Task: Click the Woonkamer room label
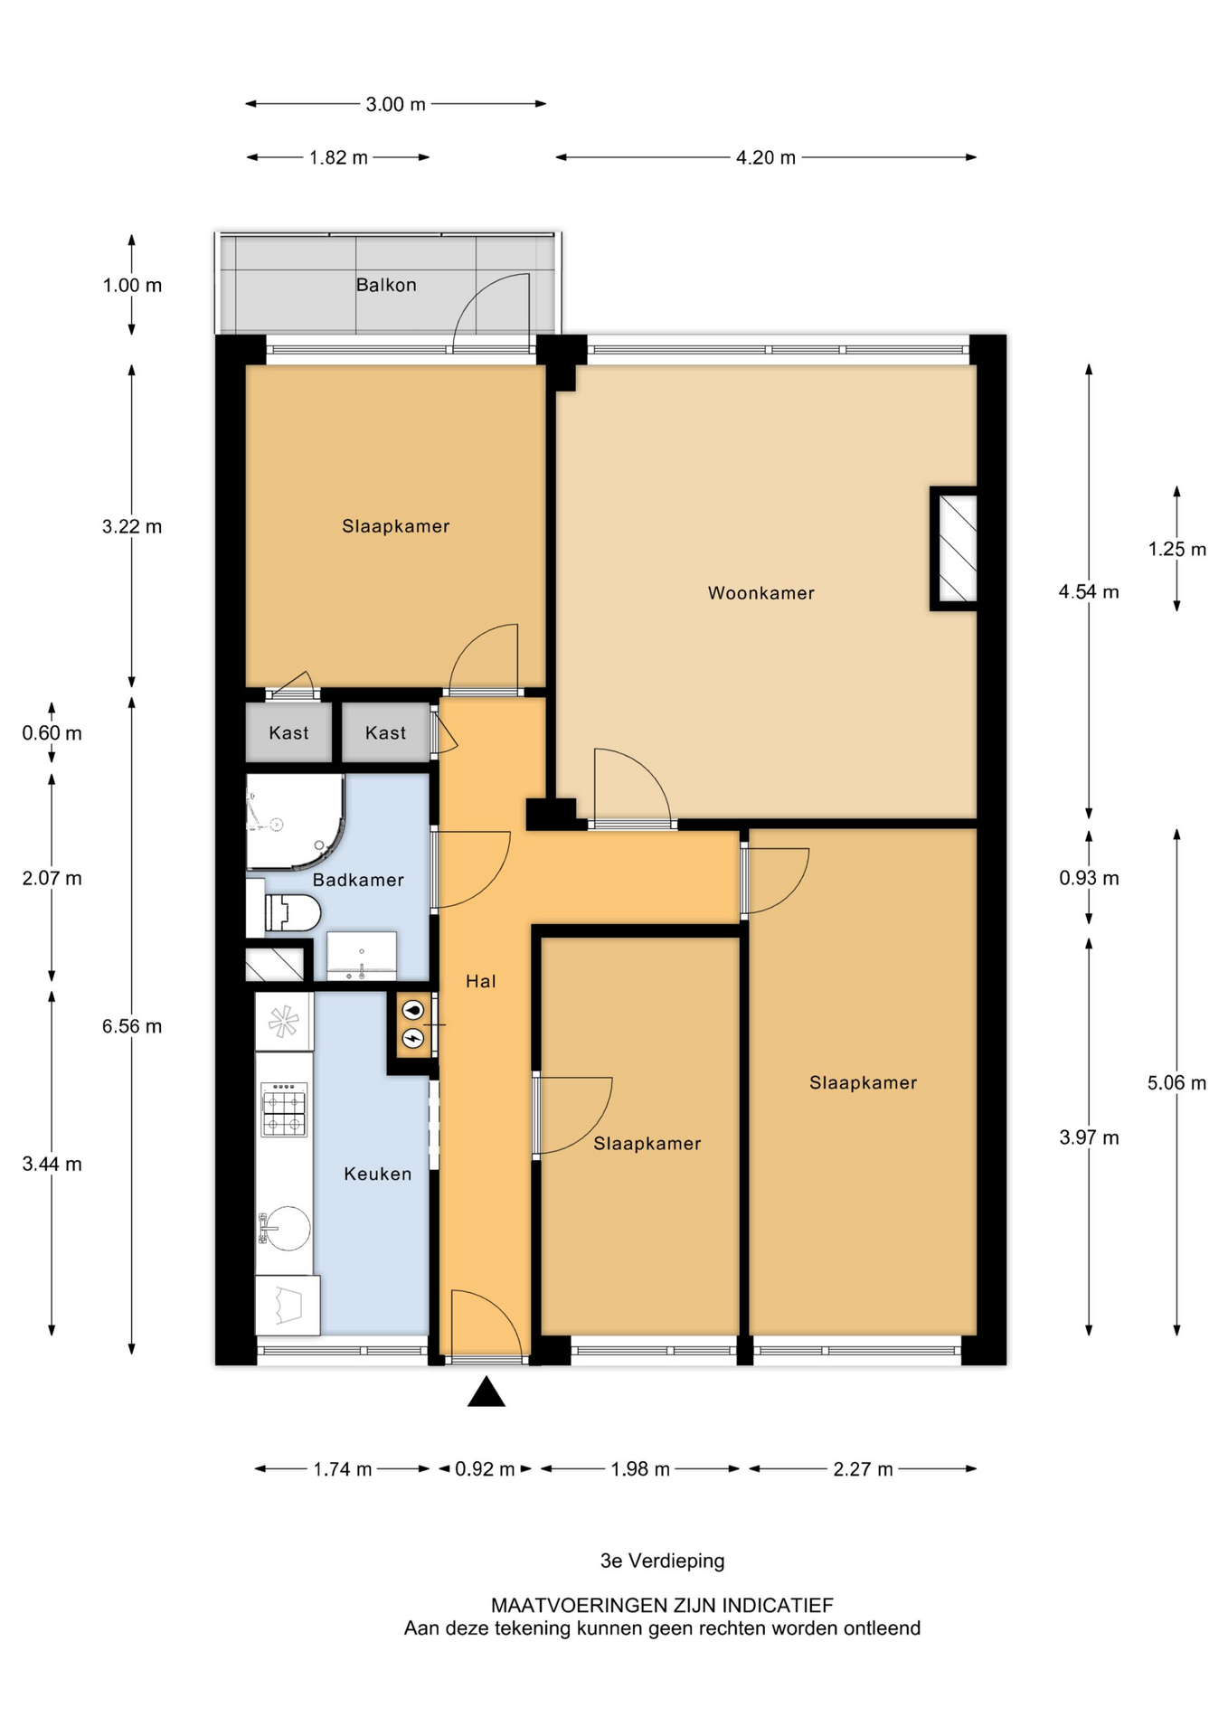(x=760, y=593)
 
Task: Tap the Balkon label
(x=386, y=285)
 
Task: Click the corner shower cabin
(x=291, y=818)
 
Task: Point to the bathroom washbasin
(x=361, y=956)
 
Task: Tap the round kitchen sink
(x=287, y=1228)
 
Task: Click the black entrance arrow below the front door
(x=486, y=1392)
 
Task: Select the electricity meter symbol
(x=413, y=1038)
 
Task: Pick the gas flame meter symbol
(x=413, y=1010)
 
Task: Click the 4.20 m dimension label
(x=765, y=157)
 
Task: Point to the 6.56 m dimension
(x=132, y=1026)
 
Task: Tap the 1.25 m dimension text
(x=1176, y=549)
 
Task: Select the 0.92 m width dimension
(x=485, y=1469)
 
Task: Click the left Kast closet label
(x=288, y=733)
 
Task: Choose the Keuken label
(x=377, y=1174)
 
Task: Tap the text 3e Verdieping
(x=662, y=1561)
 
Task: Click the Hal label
(x=480, y=981)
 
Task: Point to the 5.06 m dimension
(x=1176, y=1082)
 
